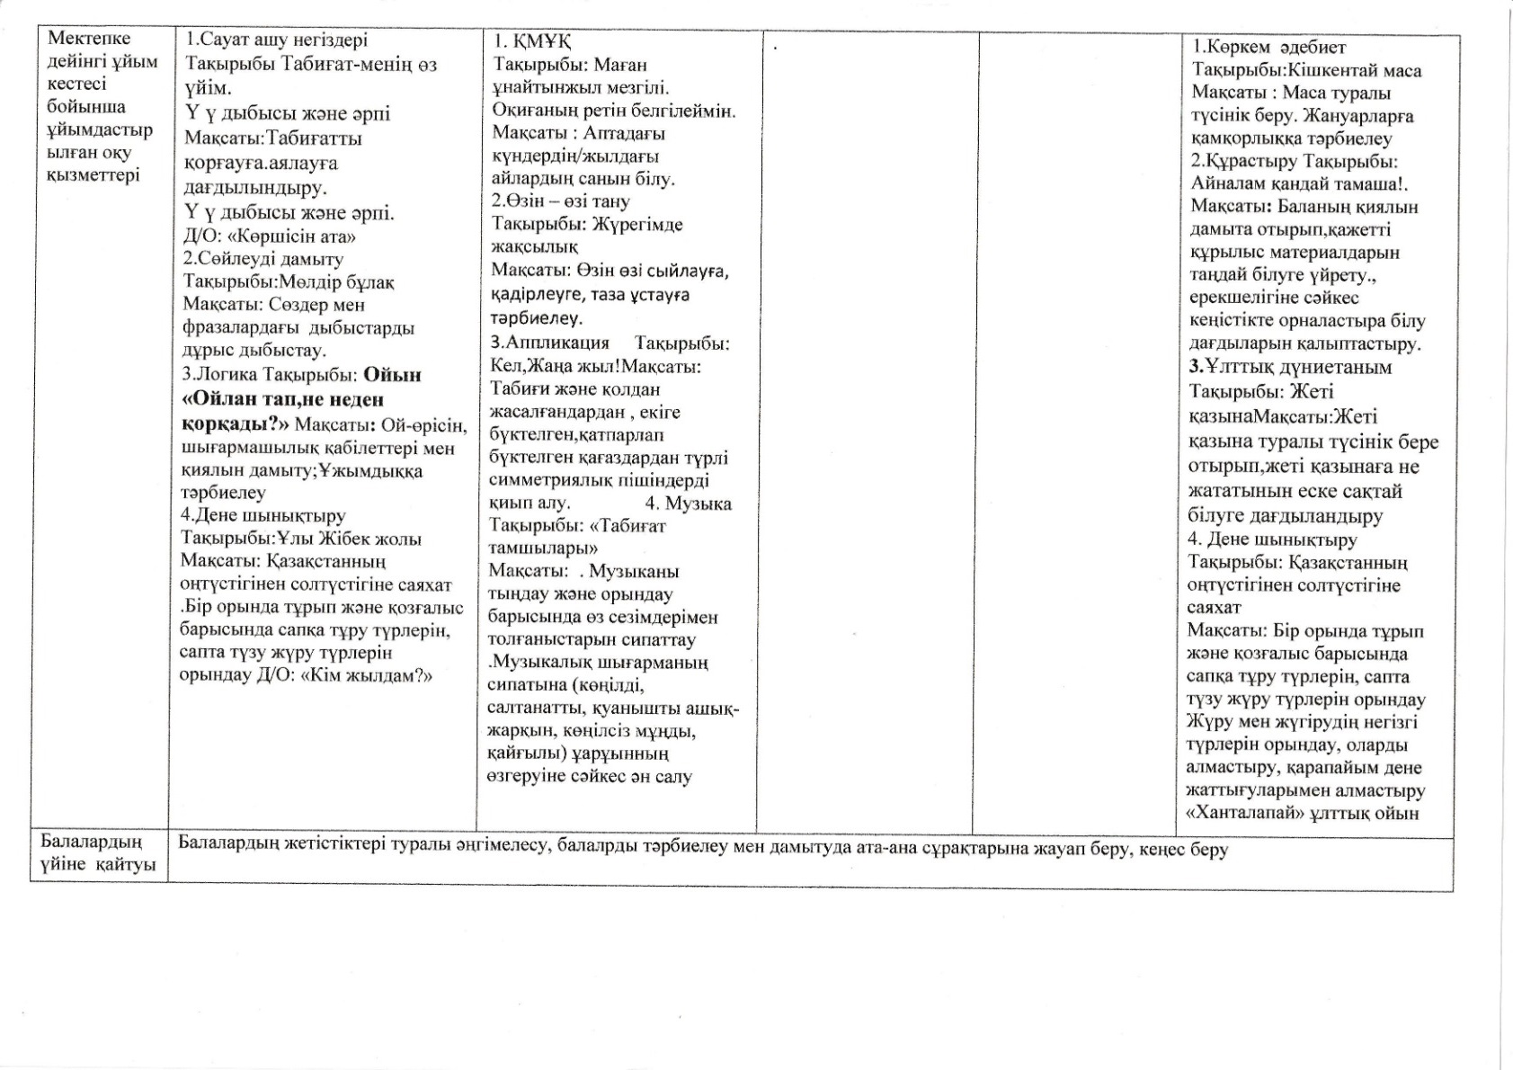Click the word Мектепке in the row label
click(89, 38)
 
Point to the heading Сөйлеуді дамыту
click(269, 259)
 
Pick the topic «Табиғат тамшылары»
click(575, 537)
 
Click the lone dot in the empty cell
click(774, 47)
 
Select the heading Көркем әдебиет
click(1275, 48)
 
